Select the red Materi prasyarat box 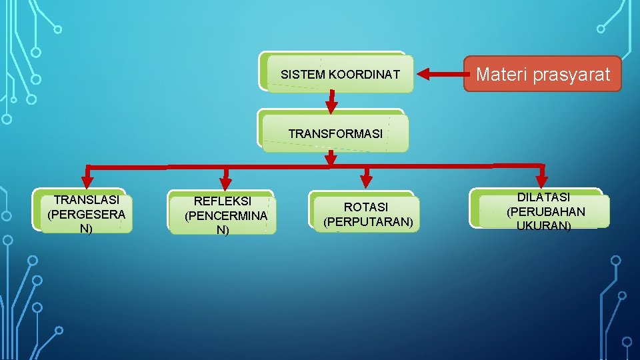click(543, 74)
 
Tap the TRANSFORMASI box click(335, 133)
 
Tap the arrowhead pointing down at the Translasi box click(87, 180)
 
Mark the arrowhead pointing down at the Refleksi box click(225, 181)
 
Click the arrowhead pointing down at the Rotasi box click(365, 179)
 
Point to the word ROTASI click(365, 207)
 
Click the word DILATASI click(543, 197)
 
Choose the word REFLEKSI click(223, 201)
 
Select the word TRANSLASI click(87, 200)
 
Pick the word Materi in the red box click(496, 75)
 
